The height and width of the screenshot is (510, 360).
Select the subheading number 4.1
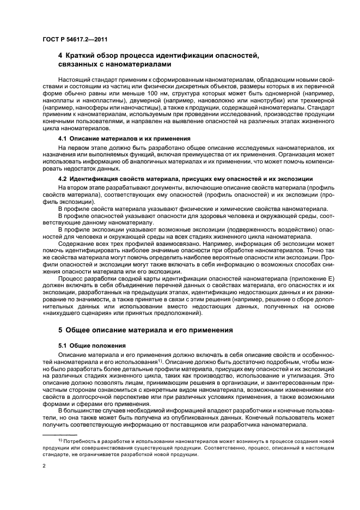(63, 139)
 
